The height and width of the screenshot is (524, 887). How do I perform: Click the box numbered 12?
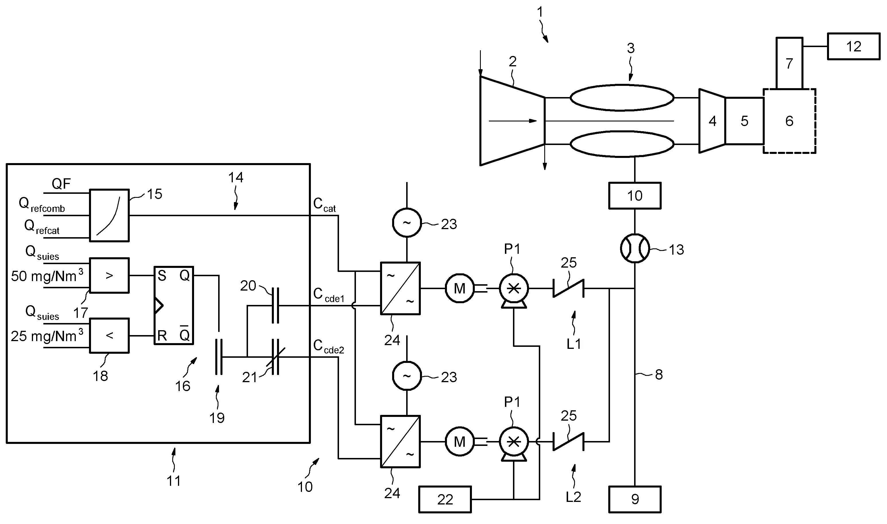coord(853,46)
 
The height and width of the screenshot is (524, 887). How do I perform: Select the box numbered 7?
coord(789,63)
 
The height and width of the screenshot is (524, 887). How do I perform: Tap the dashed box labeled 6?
coord(789,121)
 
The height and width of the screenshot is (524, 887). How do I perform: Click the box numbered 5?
coord(744,121)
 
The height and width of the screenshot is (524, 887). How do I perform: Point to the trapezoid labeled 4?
coord(712,121)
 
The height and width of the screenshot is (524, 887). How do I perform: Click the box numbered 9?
coord(635,499)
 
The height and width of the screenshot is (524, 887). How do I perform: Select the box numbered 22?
coord(445,499)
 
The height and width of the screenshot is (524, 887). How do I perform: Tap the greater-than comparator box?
coord(109,275)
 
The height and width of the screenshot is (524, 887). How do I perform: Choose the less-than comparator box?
coord(109,335)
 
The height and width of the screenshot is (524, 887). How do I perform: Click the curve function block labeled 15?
coord(109,215)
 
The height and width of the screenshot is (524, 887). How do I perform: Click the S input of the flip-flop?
coord(162,275)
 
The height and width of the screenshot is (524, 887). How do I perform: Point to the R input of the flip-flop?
coord(162,335)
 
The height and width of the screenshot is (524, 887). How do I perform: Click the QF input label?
coord(61,183)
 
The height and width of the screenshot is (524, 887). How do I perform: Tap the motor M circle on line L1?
coord(459,289)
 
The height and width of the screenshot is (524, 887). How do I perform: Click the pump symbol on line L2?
coord(514,442)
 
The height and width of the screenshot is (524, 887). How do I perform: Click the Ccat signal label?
coord(324,205)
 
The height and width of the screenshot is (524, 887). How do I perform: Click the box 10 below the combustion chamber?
coord(635,196)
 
